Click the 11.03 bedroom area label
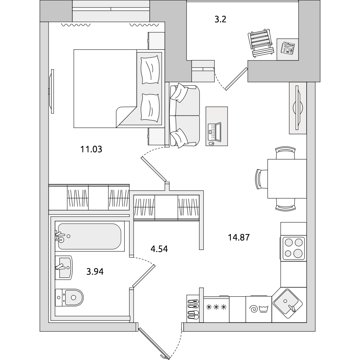91,149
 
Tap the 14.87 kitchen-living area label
239,237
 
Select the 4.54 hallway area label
159,249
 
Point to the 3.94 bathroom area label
95,271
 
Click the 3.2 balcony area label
220,19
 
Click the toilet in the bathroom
69,298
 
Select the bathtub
90,236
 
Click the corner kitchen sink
287,303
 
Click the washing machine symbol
259,309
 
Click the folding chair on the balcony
261,43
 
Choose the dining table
287,179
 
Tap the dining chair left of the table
261,179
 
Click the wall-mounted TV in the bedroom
52,91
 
